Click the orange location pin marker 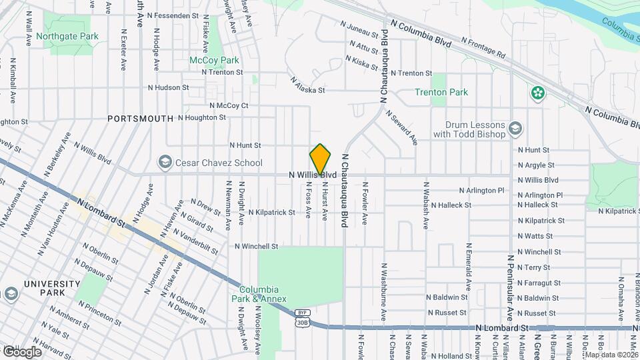point(320,159)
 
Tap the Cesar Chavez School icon point(164,163)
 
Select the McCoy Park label point(214,60)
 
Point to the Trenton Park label point(441,93)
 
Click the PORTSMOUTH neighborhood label point(141,118)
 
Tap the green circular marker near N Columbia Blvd point(537,94)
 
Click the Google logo point(21,351)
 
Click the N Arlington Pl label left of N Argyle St point(483,190)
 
